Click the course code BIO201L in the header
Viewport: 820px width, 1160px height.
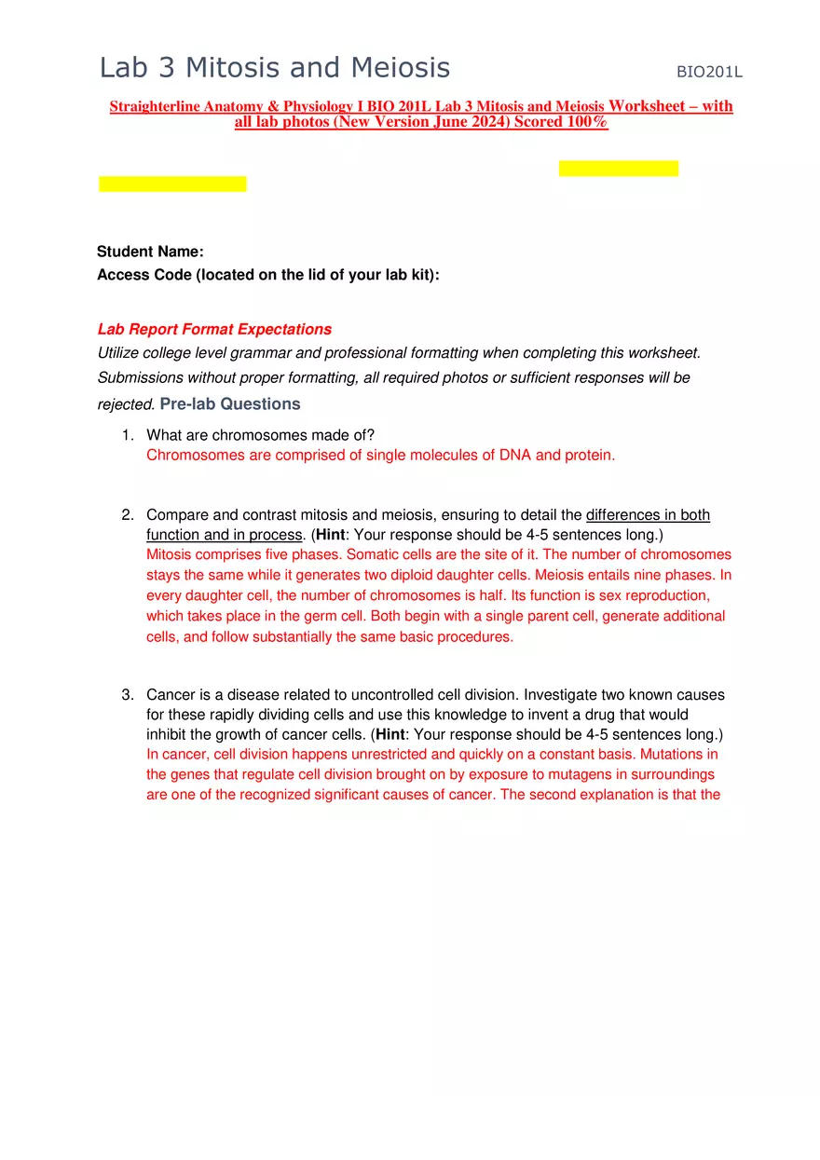(709, 72)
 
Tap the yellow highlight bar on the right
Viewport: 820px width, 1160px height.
(619, 169)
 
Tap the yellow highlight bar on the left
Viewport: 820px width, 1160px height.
(172, 184)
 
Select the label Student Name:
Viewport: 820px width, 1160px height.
(150, 252)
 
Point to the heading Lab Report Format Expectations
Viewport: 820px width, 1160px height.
(214, 330)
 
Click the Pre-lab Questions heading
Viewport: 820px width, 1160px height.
(230, 404)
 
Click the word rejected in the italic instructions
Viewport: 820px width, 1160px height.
(125, 405)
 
